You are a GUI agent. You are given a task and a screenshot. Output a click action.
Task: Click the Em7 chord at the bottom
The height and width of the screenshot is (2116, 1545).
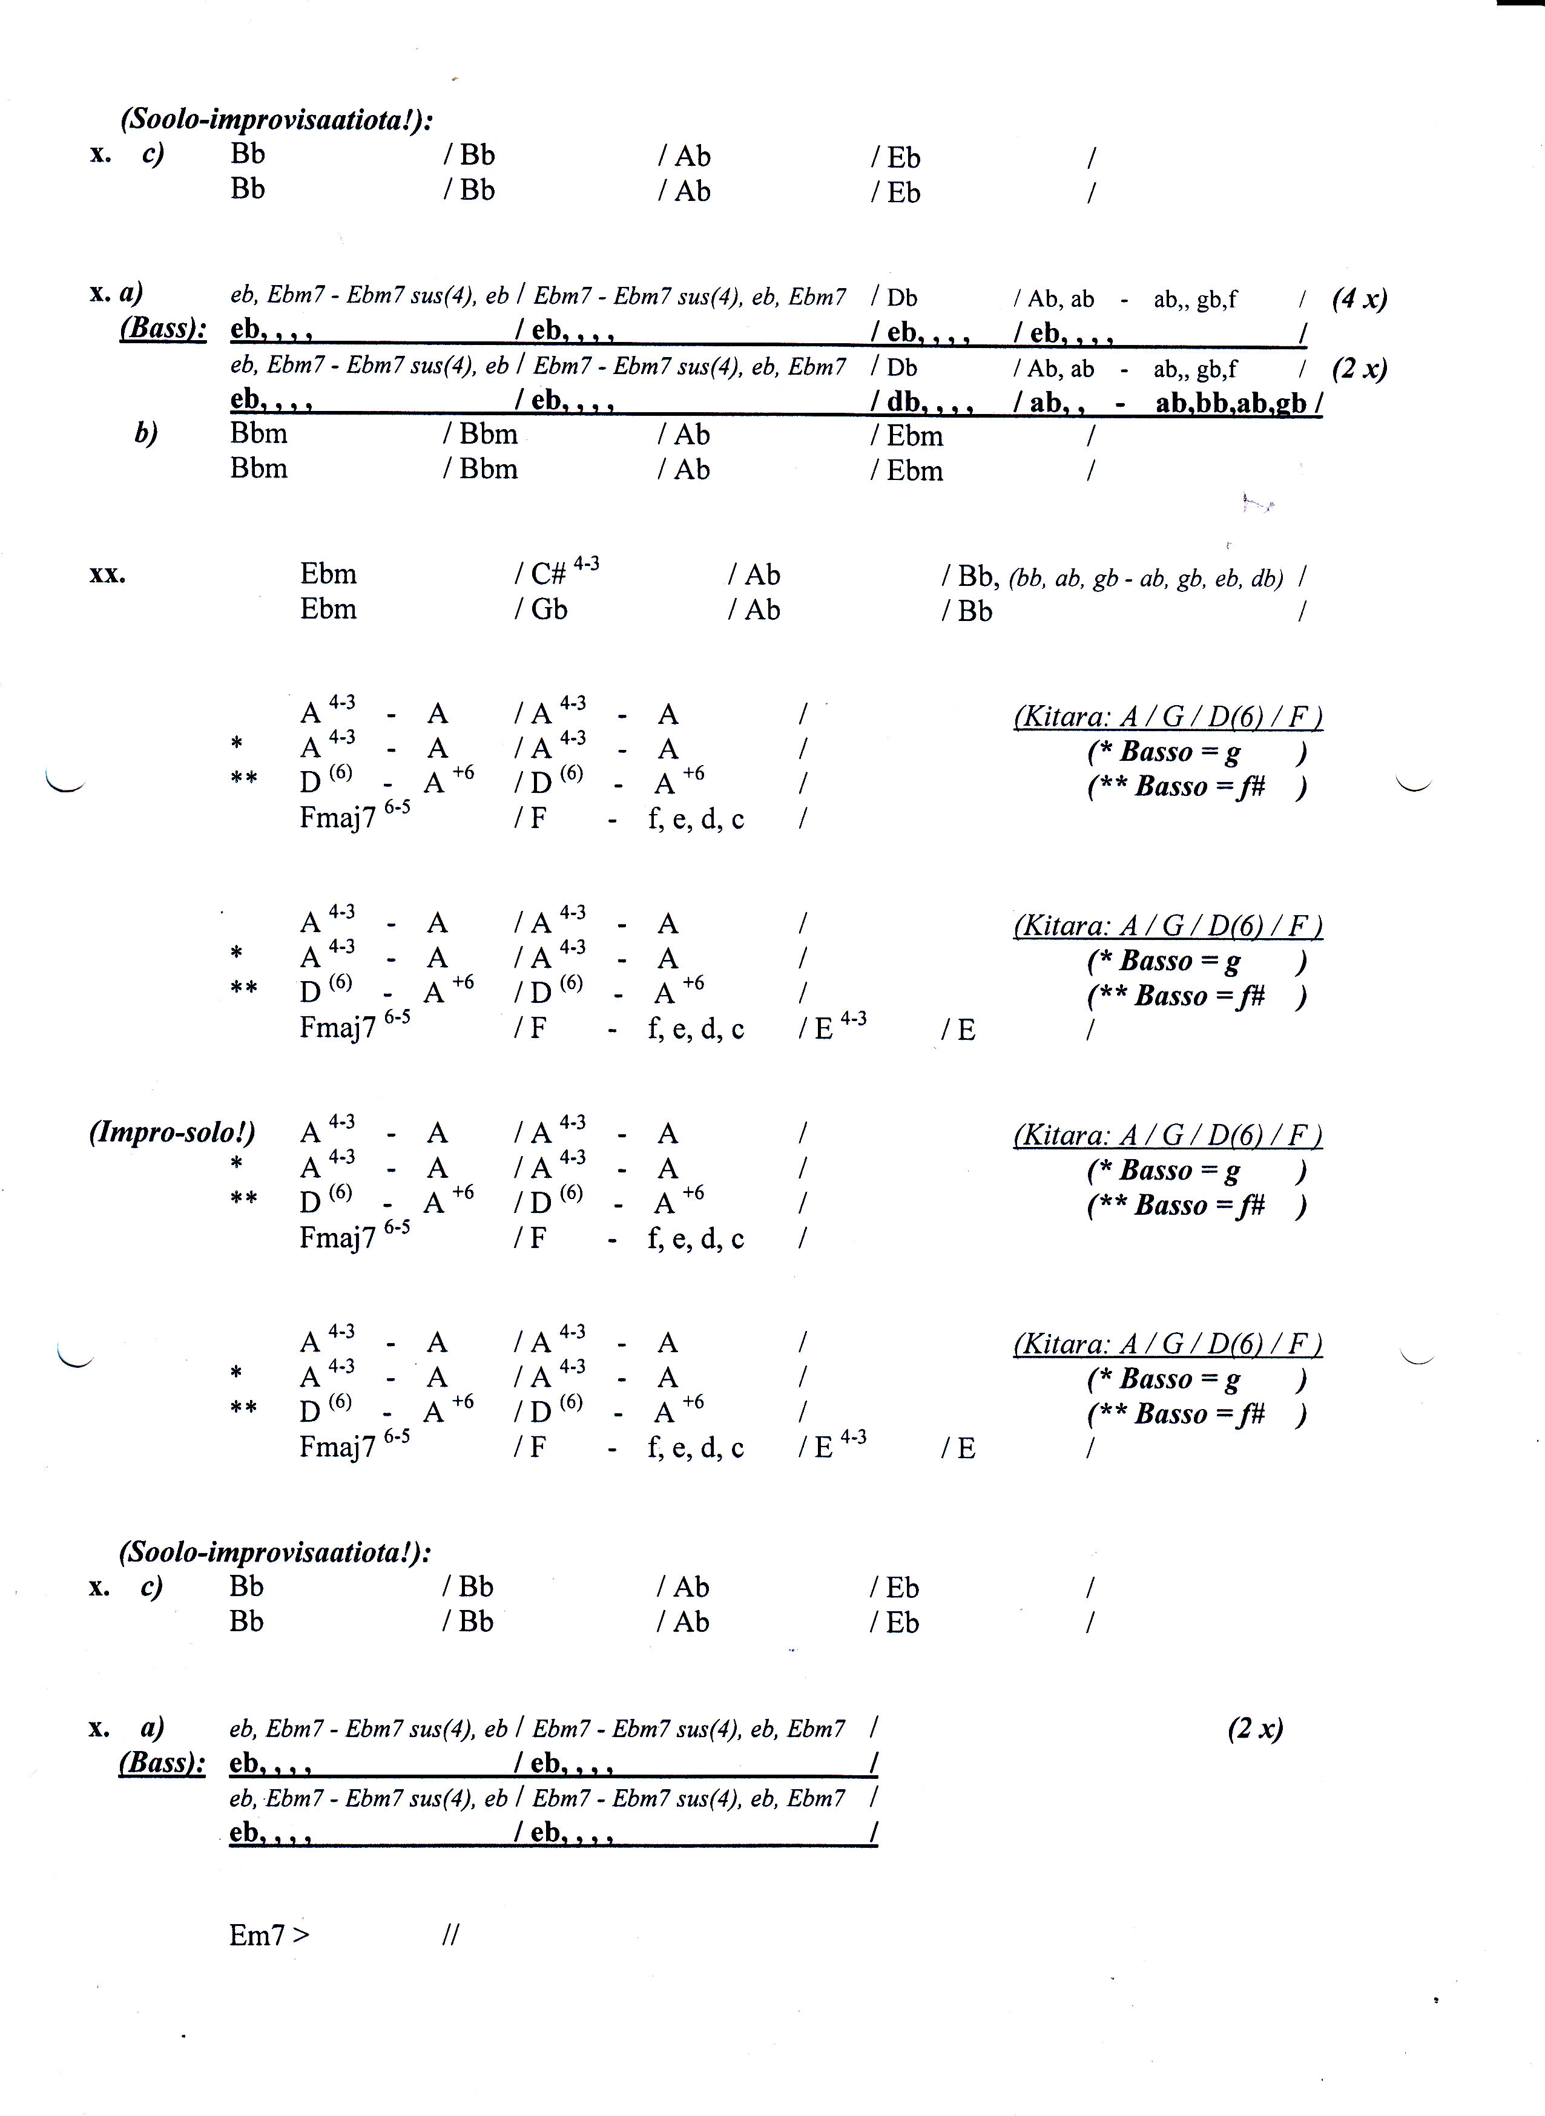(257, 1934)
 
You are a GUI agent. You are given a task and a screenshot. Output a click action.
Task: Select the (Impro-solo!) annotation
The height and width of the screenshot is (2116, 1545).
(172, 1132)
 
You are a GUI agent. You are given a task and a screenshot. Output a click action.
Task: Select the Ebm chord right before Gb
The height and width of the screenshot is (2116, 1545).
(328, 609)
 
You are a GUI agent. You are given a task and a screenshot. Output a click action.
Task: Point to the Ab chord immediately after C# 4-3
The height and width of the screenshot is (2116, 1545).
(761, 574)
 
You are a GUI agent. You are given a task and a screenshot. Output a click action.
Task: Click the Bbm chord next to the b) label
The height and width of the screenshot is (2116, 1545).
(259, 434)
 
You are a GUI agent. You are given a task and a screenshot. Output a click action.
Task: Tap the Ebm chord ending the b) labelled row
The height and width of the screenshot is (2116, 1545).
(915, 436)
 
